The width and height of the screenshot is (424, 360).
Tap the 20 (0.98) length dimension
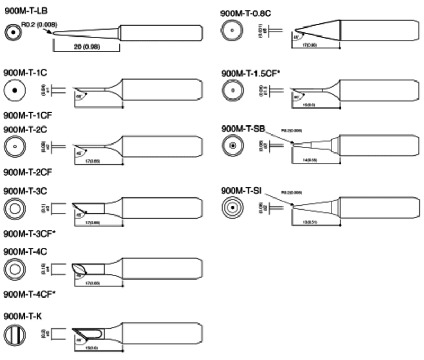(86, 47)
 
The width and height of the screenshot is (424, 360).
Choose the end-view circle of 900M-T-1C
(15, 91)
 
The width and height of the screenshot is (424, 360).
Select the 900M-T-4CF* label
(28, 293)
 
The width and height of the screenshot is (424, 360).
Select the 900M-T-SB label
(243, 129)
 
